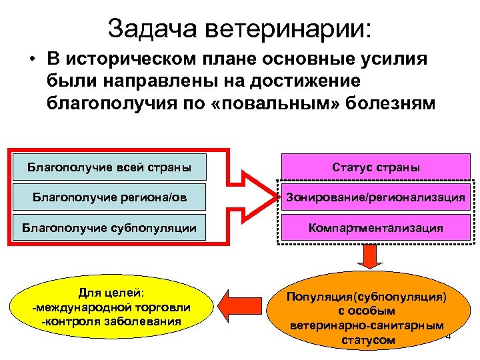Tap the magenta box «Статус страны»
coord(375,167)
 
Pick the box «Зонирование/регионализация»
coord(375,197)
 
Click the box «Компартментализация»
coord(375,227)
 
